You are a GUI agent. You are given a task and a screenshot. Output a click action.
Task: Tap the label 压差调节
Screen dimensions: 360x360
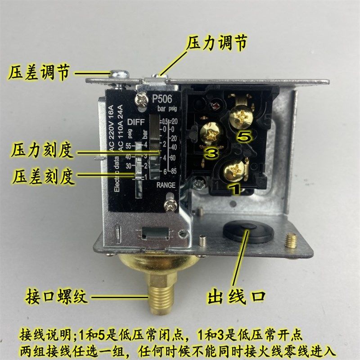[39, 72]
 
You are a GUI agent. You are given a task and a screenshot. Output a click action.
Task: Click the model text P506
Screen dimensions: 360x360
[163, 99]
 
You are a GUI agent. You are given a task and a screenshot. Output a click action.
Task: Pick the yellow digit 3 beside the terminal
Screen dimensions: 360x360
[211, 153]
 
